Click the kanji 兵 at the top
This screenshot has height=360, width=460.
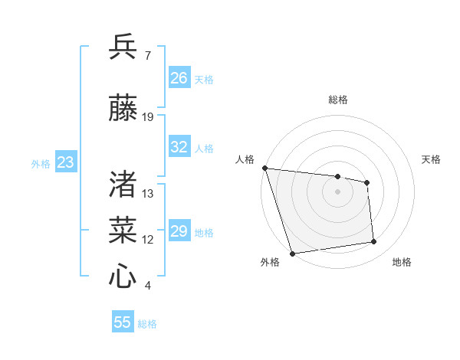(x=123, y=47)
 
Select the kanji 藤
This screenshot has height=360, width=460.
(x=123, y=108)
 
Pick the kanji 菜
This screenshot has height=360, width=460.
(x=123, y=229)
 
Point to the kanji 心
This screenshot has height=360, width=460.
(x=123, y=275)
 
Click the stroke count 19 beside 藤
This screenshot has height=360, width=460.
(x=148, y=117)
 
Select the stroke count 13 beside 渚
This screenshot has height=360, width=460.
(x=148, y=193)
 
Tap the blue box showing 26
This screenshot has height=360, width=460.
(x=179, y=78)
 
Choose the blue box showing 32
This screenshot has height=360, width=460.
(x=179, y=147)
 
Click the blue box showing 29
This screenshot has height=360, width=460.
(x=179, y=231)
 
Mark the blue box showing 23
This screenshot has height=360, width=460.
(x=65, y=162)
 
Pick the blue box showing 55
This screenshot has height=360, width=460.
(x=123, y=322)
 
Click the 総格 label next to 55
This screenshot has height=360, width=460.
(x=148, y=324)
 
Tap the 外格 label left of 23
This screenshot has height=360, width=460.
(x=41, y=163)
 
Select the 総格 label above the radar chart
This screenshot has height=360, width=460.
(x=338, y=100)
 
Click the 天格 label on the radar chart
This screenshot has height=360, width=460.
(x=431, y=159)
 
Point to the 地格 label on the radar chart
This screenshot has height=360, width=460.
(x=402, y=262)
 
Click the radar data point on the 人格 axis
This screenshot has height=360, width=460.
(x=264, y=168)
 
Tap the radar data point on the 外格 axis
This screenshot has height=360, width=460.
(x=292, y=253)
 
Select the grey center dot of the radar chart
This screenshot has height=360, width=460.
(x=338, y=191)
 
